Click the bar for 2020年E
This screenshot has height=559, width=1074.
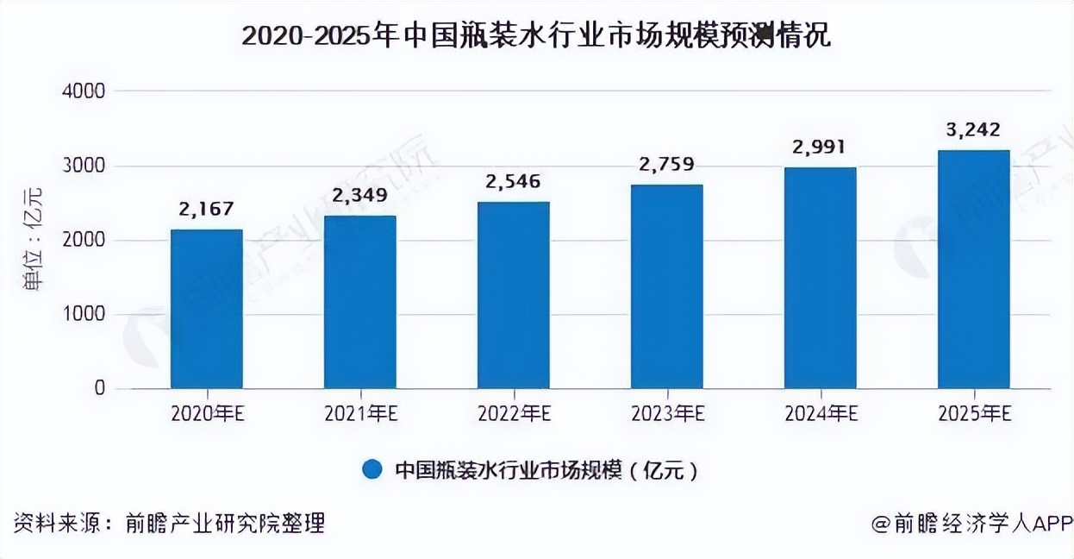tap(206, 309)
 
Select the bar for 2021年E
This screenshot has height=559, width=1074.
tap(359, 302)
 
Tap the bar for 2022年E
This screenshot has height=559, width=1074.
tap(513, 295)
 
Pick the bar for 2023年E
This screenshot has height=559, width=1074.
tap(666, 286)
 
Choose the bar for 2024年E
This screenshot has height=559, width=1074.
tap(820, 278)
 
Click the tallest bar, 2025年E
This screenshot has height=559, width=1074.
tap(973, 269)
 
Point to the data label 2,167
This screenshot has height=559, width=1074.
tap(206, 210)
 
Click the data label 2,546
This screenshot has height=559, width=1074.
tap(513, 182)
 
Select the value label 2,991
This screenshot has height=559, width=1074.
tap(820, 148)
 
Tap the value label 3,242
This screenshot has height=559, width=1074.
tap(973, 130)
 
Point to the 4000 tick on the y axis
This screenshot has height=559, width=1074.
tap(84, 91)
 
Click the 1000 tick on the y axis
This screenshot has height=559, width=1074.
tap(84, 315)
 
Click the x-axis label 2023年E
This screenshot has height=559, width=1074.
tap(666, 414)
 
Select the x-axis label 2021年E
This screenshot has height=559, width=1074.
tap(359, 414)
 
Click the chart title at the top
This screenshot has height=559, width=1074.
tap(536, 36)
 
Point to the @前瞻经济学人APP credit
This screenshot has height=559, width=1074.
tap(970, 523)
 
